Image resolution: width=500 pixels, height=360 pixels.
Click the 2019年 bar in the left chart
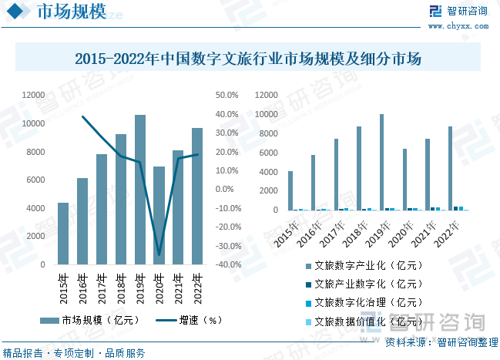(140, 190)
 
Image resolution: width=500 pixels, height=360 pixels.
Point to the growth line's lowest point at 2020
(159, 254)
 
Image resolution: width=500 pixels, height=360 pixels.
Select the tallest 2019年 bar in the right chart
(381, 162)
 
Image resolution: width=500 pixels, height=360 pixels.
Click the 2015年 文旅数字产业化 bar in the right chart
(290, 190)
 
